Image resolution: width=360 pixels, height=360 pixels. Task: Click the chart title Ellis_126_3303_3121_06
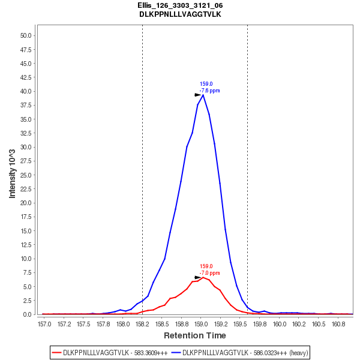(180, 5)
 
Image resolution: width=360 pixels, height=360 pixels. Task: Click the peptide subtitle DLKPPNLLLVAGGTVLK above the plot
(180, 14)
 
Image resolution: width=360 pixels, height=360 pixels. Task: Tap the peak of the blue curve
(203, 95)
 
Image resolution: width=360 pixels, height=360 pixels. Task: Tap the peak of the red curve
(203, 277)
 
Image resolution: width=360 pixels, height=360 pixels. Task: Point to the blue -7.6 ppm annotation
(209, 91)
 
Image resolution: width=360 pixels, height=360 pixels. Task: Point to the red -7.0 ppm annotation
(209, 273)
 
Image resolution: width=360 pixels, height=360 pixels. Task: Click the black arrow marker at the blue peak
(198, 95)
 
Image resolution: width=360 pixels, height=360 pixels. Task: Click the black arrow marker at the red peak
(198, 277)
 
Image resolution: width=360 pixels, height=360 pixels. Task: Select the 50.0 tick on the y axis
(26, 35)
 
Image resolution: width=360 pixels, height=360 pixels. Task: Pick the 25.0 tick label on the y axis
(26, 175)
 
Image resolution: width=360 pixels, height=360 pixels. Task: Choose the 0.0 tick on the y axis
(28, 314)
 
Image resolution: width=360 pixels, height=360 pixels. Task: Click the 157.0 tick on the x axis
(44, 324)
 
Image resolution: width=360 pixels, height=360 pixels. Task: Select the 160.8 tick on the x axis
(338, 324)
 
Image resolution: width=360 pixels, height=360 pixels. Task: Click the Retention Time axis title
(195, 336)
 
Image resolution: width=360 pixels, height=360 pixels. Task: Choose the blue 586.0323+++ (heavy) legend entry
(240, 353)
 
